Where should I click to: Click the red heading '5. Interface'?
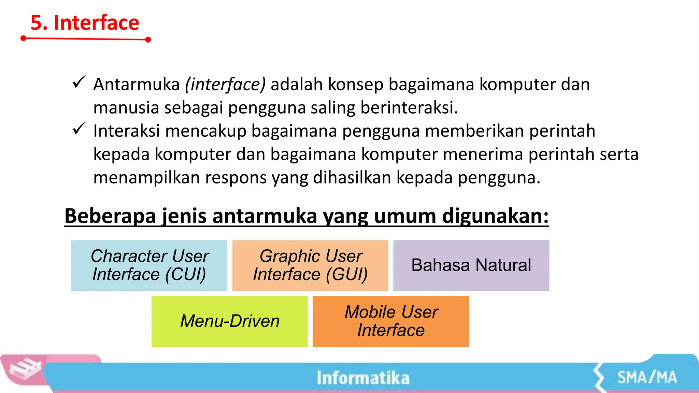85,23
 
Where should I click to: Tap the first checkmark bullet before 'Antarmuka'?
79,82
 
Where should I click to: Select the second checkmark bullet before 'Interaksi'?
79,129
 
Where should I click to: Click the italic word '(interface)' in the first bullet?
225,84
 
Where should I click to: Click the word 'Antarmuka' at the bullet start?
137,84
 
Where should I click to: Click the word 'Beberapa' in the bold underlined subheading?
110,216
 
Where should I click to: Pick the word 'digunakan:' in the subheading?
495,216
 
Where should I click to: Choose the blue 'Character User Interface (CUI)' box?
149,265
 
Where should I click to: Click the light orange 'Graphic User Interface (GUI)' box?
310,265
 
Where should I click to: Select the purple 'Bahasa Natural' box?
471,265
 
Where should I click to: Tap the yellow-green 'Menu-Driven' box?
230,321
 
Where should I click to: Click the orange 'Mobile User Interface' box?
391,321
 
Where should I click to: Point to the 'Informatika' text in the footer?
363,378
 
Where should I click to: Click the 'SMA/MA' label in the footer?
647,378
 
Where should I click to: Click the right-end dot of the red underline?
148,40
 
